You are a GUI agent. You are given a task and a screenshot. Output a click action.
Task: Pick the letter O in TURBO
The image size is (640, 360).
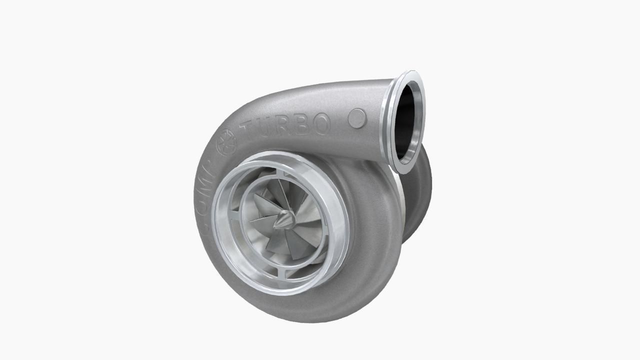(x=321, y=123)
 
